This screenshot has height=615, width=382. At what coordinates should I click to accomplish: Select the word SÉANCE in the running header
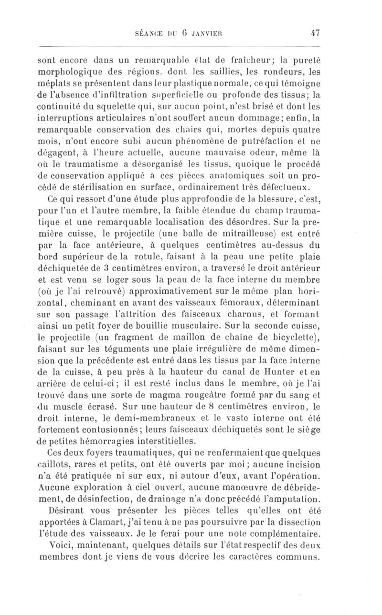[151, 34]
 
